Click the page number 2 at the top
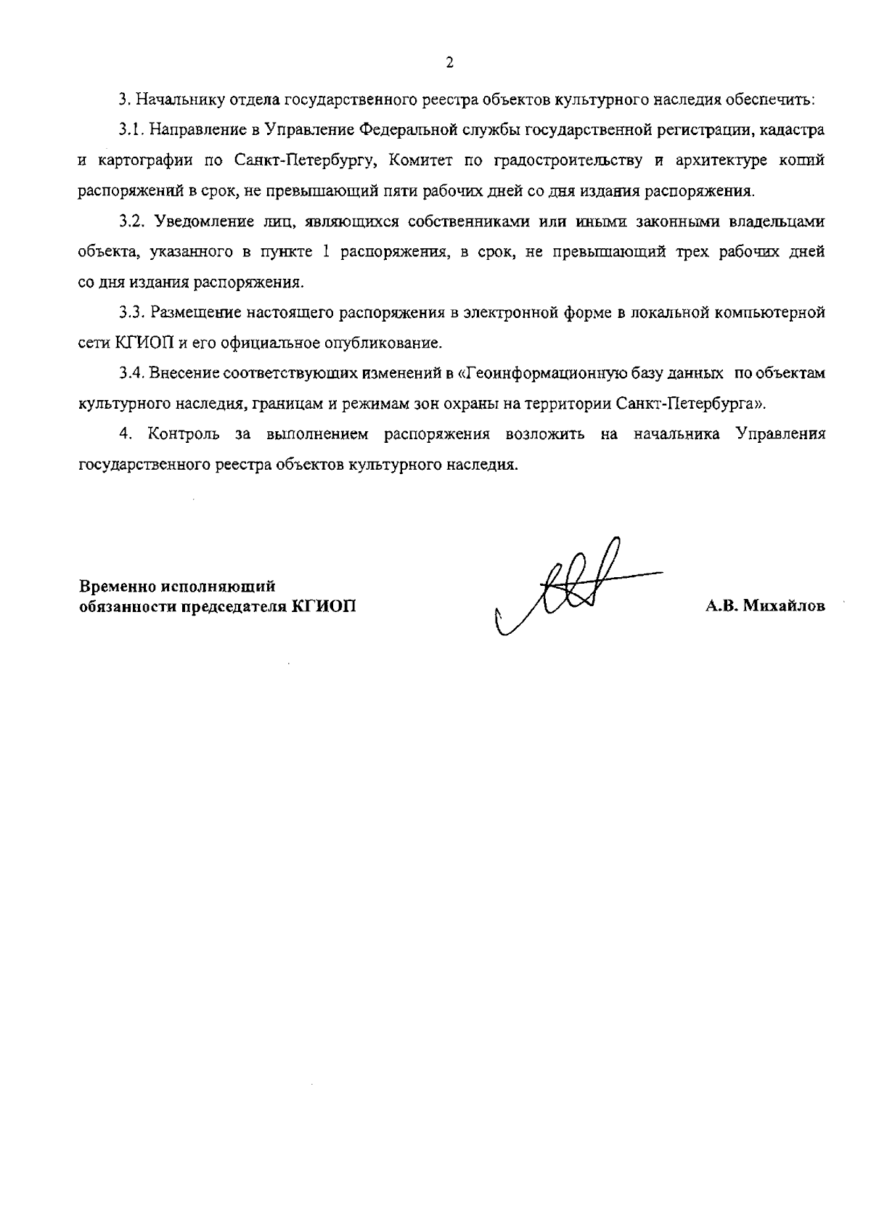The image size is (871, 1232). pos(449,63)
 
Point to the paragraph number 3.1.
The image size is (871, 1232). pos(133,130)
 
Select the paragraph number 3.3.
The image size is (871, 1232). pos(133,313)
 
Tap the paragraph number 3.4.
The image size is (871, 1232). pos(133,373)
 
